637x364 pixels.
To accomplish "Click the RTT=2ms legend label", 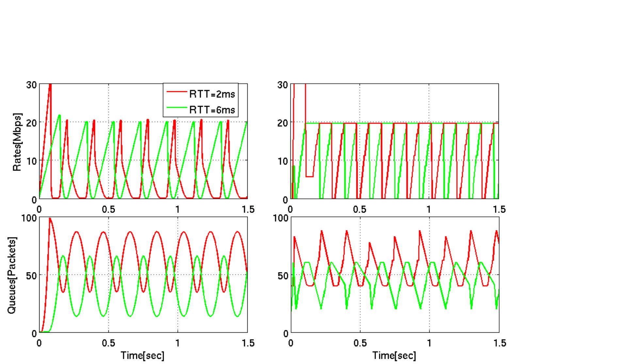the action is click(x=212, y=94).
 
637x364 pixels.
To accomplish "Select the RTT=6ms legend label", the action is click(x=212, y=110).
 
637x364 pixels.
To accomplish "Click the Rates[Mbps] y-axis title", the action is click(x=17, y=142).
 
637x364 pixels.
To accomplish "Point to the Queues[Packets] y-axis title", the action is click(x=12, y=275).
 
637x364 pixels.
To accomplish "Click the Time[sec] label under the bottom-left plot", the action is click(x=143, y=355).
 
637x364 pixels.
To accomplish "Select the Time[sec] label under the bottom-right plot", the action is click(x=394, y=355).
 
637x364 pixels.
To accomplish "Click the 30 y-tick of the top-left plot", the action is click(x=31, y=85).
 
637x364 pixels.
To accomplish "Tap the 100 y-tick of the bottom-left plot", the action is click(x=29, y=217).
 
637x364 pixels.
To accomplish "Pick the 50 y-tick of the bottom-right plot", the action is click(x=283, y=275).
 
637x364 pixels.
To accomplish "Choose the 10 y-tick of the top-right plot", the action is click(x=283, y=161).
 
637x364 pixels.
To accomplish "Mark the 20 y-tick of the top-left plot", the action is click(x=31, y=123).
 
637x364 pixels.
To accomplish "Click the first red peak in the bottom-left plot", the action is click(x=50, y=218).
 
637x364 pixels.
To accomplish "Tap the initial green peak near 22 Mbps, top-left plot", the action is click(x=59, y=115).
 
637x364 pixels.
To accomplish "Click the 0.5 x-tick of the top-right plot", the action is click(x=360, y=209).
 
